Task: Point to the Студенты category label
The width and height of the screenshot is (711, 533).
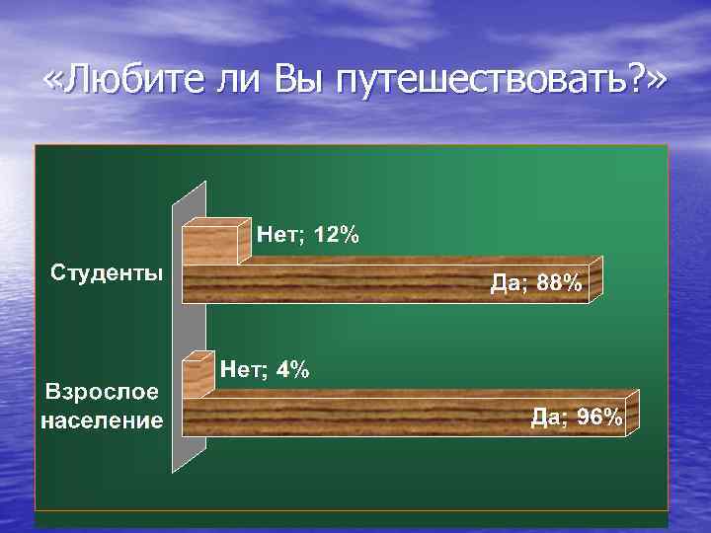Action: tap(109, 271)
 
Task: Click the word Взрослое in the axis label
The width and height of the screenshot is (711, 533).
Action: tap(101, 392)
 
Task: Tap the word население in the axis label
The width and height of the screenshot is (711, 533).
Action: tap(102, 420)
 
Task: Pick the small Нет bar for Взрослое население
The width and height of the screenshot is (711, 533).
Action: tap(196, 373)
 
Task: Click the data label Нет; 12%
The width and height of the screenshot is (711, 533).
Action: tap(308, 235)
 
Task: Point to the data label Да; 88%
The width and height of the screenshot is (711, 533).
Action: tap(537, 284)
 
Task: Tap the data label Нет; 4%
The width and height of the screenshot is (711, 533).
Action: tap(265, 370)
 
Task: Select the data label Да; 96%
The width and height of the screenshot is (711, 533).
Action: tap(578, 417)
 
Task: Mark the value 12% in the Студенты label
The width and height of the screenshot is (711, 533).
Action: tap(337, 235)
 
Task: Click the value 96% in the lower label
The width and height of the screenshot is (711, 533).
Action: tap(600, 417)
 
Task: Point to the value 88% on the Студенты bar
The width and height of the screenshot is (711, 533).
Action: tap(560, 284)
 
